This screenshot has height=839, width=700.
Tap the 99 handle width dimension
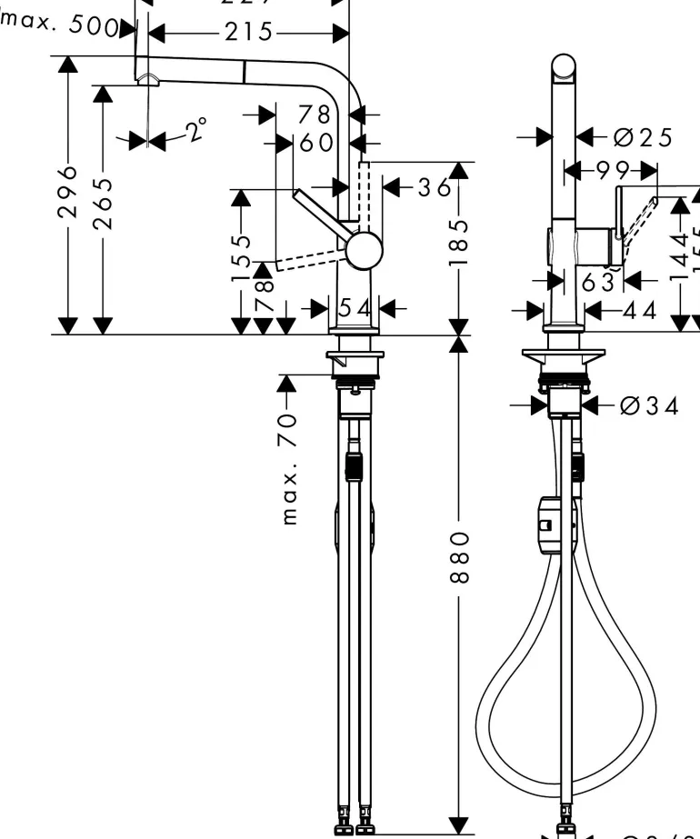pos(611,170)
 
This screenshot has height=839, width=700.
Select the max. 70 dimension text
pos(290,468)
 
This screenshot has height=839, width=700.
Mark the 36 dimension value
pos(433,187)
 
